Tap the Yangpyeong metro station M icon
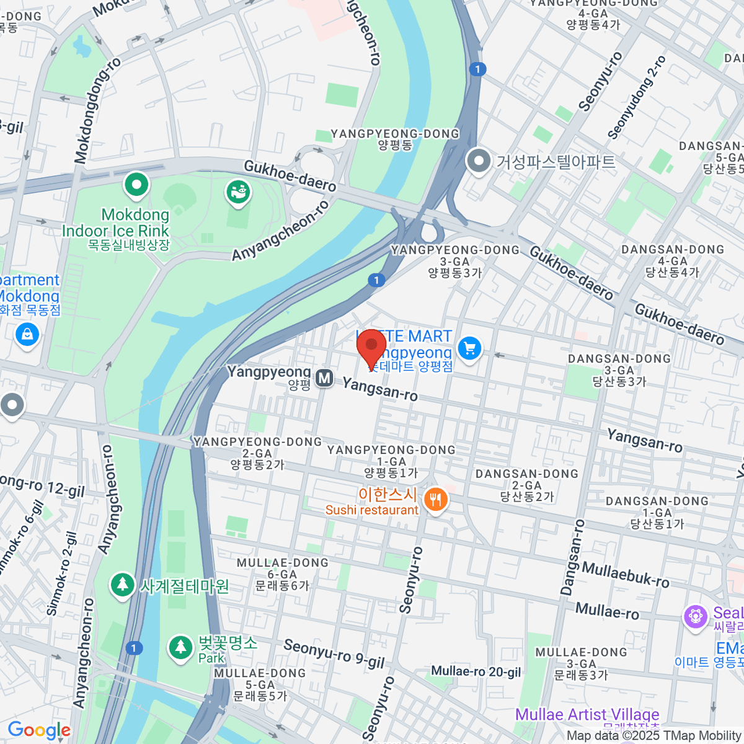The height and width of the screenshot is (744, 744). pyautogui.click(x=324, y=378)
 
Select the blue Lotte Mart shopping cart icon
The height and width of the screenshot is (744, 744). pyautogui.click(x=469, y=348)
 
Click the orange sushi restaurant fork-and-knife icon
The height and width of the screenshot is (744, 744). pyautogui.click(x=436, y=499)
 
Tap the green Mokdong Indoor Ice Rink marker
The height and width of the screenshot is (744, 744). pyautogui.click(x=136, y=184)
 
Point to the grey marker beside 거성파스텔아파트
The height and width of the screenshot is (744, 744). pyautogui.click(x=478, y=161)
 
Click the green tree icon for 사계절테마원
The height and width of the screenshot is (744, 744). pyautogui.click(x=122, y=585)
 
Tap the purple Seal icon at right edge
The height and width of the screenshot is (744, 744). pyautogui.click(x=696, y=616)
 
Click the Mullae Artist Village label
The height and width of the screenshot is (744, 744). pyautogui.click(x=587, y=714)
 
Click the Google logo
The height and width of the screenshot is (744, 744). pyautogui.click(x=39, y=730)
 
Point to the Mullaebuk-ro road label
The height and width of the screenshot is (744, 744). pyautogui.click(x=625, y=575)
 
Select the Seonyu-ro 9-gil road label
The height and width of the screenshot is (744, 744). pyautogui.click(x=334, y=653)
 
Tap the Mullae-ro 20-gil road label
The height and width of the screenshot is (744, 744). pyautogui.click(x=476, y=671)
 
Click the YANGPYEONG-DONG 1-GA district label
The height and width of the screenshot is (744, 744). pyautogui.click(x=391, y=461)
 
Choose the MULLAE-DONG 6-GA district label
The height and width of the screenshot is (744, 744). pyautogui.click(x=282, y=573)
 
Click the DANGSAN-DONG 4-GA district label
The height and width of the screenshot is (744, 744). pyautogui.click(x=673, y=260)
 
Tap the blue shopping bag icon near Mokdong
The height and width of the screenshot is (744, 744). pyautogui.click(x=27, y=335)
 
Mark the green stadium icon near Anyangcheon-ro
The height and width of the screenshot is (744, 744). pyautogui.click(x=237, y=192)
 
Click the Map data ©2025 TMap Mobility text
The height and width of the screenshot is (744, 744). pyautogui.click(x=654, y=736)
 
